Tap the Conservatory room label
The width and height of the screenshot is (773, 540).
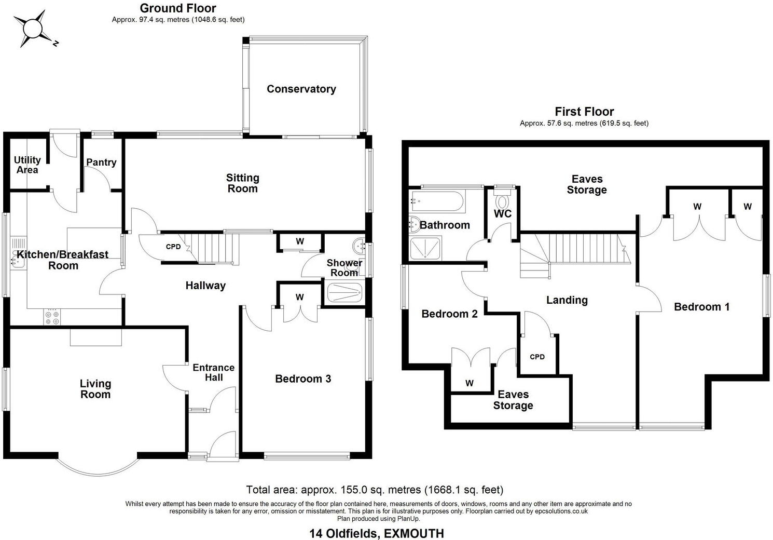tap(301, 89)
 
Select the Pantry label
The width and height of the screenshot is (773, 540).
tap(101, 163)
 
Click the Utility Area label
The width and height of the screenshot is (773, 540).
tap(27, 165)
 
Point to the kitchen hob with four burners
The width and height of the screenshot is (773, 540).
tap(52, 317)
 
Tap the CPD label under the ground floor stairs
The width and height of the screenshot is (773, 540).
tap(173, 247)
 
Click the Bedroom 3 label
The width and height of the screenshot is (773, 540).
tap(303, 379)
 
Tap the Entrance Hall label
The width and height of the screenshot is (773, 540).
tap(213, 372)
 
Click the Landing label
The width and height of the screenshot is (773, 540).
tap(567, 300)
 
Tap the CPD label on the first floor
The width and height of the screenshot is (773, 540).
tap(537, 357)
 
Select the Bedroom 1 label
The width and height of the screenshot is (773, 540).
tap(701, 307)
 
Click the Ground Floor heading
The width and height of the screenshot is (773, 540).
tap(178, 8)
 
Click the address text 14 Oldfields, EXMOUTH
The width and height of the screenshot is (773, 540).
tap(377, 533)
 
